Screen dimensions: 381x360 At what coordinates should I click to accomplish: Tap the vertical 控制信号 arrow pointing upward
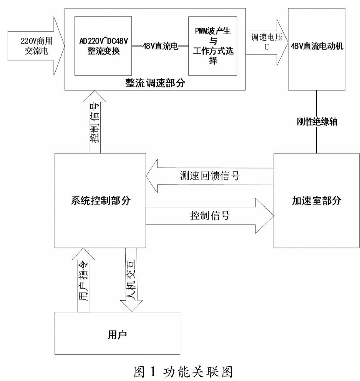pos(94,123)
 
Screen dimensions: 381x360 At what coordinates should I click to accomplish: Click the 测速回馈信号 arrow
pos(209,177)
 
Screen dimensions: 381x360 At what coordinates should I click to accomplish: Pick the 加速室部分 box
pos(317,200)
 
